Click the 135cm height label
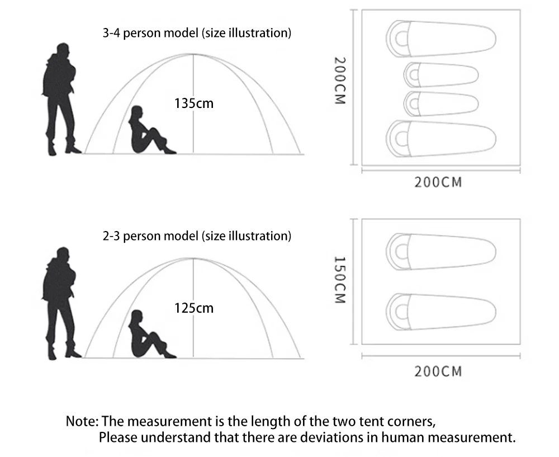pos(194,103)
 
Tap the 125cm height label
pos(194,308)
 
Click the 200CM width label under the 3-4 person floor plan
pos(438,182)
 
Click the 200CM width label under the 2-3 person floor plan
pos(438,371)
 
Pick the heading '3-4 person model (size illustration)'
pos(197,33)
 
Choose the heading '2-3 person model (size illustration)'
pos(197,236)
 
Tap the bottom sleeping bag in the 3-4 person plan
pos(441,137)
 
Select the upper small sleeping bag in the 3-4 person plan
pos(441,75)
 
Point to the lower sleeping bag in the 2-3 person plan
pos(441,309)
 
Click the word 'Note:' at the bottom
pos(82,421)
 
